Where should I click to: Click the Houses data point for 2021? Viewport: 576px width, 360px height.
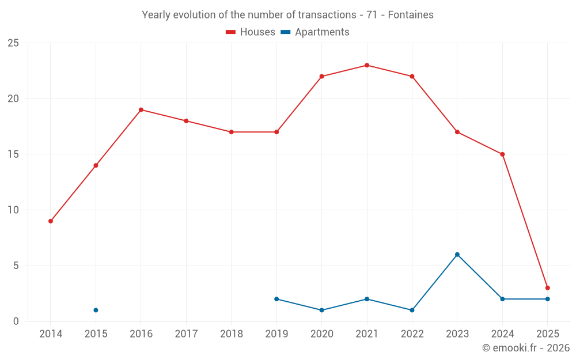click(367, 65)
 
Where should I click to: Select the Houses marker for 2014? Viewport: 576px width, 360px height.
click(51, 221)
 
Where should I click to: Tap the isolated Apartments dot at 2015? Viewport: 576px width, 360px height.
click(96, 310)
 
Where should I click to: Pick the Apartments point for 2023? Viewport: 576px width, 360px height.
click(457, 255)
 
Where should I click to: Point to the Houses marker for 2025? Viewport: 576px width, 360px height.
click(547, 288)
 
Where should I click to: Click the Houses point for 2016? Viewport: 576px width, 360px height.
click(141, 109)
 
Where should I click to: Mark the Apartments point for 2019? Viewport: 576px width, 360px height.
click(276, 299)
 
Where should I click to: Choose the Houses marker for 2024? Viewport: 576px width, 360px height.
click(502, 154)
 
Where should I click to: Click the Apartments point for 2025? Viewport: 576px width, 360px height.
click(547, 299)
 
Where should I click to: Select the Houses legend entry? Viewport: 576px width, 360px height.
click(251, 32)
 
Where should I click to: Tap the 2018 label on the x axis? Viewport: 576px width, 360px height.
click(231, 334)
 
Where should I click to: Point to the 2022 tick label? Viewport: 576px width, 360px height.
click(412, 334)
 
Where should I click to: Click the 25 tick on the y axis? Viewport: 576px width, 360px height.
click(13, 43)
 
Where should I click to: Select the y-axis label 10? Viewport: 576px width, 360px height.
click(13, 210)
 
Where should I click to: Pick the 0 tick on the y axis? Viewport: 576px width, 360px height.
click(16, 321)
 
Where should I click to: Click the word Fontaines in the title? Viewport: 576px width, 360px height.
click(411, 15)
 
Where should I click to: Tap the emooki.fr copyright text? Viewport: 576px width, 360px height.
click(526, 348)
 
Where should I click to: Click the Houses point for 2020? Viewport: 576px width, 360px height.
click(321, 77)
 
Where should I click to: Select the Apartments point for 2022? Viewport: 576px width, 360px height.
click(412, 310)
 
